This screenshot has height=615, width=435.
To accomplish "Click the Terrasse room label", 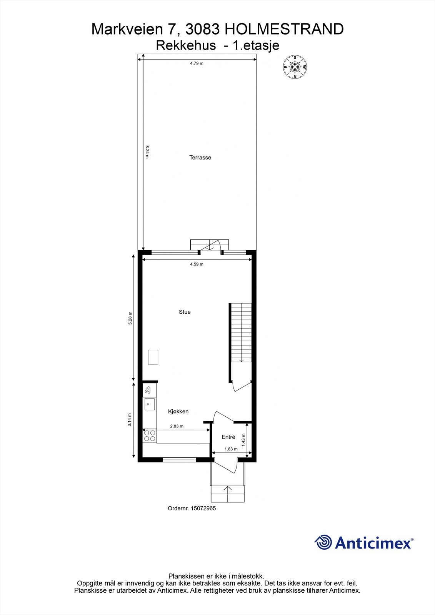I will (x=200, y=158).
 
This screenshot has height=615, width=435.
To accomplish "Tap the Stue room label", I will (x=185, y=312).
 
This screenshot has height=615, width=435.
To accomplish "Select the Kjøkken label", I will (x=178, y=411).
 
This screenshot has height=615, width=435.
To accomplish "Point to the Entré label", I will (x=228, y=437).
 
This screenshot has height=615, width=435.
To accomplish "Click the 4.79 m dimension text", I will (x=197, y=63).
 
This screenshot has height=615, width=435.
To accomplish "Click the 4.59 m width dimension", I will (x=197, y=264).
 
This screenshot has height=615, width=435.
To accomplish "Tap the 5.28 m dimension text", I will (x=130, y=318).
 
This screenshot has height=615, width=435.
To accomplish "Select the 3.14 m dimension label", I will (x=130, y=420).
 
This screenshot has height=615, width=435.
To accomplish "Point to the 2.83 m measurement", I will (x=177, y=426).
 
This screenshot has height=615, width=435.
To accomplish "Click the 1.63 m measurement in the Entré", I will (x=231, y=449).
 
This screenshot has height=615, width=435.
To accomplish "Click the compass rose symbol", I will (x=295, y=67).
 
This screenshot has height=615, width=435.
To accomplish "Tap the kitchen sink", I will (x=149, y=404).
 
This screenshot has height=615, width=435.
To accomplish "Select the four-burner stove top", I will (x=150, y=436).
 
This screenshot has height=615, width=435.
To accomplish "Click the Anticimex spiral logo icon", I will (x=323, y=542).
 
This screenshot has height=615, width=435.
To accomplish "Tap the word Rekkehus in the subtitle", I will (x=186, y=46).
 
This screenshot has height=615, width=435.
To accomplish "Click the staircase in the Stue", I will (x=241, y=332).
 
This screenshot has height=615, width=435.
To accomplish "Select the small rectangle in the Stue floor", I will (x=153, y=357).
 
